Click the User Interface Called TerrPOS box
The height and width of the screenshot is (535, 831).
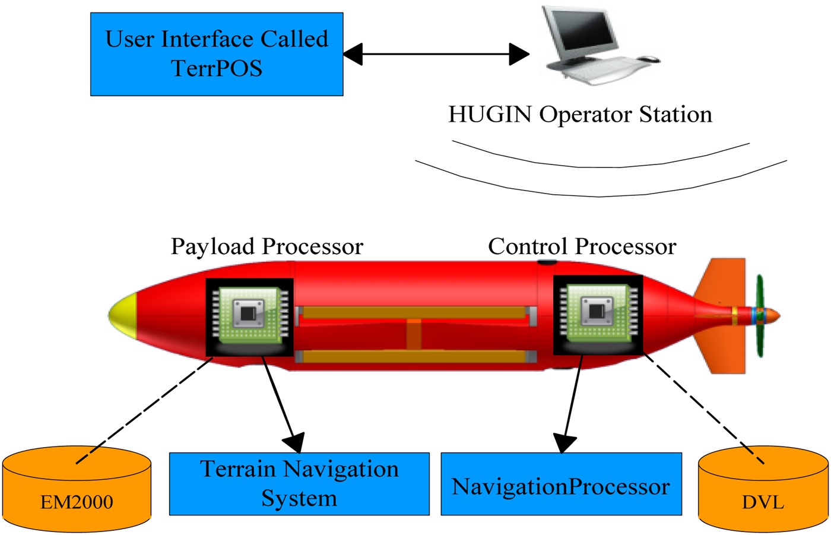[x=217, y=54]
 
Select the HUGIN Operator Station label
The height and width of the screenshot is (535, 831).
[x=580, y=114]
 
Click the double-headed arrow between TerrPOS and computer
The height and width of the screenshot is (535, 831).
[x=436, y=55]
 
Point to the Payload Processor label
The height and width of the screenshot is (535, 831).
[x=267, y=246]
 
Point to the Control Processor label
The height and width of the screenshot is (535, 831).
[x=582, y=246]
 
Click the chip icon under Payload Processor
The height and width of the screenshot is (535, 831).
[x=249, y=316]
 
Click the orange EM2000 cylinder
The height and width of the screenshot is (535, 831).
[x=77, y=490]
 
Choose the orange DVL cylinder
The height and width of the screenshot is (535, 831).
[x=763, y=490]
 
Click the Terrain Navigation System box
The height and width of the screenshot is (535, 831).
[x=299, y=484]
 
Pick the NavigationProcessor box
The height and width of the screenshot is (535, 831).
[x=561, y=485]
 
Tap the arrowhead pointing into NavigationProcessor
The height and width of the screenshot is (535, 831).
[x=564, y=442]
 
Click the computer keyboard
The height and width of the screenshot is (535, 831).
[x=600, y=71]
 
